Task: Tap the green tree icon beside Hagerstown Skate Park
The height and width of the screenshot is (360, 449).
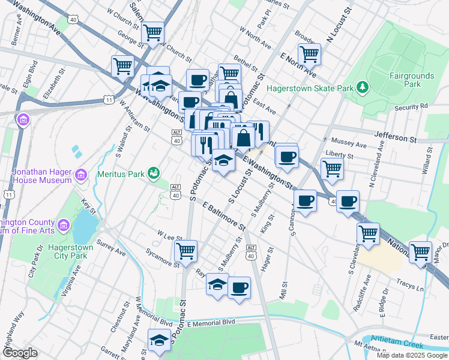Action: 362,88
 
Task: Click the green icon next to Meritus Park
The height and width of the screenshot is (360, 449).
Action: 154,174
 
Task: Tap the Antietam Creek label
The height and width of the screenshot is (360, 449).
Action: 397,342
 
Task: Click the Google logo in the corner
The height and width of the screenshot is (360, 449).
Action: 20,353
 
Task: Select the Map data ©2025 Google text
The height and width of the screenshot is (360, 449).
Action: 411,355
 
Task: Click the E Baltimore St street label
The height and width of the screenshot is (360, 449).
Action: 224,217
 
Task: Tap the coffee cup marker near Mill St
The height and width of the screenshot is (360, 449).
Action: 239,287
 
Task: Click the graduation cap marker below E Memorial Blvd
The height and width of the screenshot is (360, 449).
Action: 159,340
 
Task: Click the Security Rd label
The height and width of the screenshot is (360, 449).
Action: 411,106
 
